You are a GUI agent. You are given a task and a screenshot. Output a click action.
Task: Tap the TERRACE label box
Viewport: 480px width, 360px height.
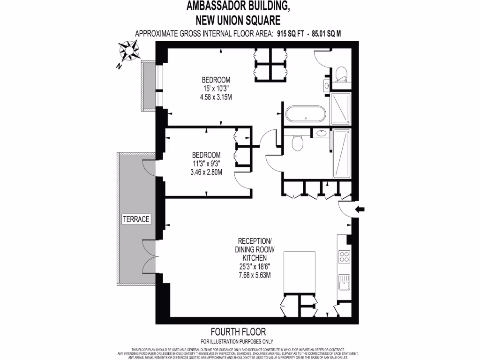(135, 219)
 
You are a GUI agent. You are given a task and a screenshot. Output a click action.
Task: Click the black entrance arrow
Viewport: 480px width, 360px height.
(360, 210)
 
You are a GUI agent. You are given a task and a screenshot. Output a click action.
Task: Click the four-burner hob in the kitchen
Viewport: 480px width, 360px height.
(344, 257)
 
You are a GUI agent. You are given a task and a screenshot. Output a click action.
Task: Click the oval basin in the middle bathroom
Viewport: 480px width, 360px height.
(322, 134)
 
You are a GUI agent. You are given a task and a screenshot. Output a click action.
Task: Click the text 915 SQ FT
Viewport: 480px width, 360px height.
(289, 33)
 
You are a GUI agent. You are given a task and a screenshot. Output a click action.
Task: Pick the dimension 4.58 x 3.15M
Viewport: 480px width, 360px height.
(216, 97)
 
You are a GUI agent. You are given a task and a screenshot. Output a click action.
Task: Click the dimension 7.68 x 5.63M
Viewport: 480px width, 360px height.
(255, 275)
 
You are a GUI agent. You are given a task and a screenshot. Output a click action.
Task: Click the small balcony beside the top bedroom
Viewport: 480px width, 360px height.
(149, 85)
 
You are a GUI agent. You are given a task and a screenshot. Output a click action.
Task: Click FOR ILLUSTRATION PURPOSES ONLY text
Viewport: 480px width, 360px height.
(237, 341)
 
